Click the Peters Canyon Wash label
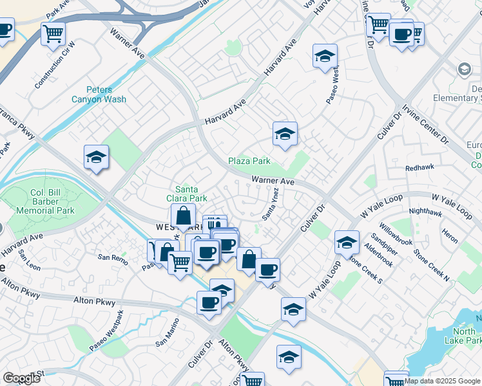(x=107, y=95)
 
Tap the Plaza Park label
(x=249, y=161)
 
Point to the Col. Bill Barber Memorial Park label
(x=52, y=201)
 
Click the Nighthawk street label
(x=425, y=211)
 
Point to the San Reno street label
(x=113, y=257)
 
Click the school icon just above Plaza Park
(x=285, y=133)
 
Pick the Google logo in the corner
(x=21, y=378)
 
